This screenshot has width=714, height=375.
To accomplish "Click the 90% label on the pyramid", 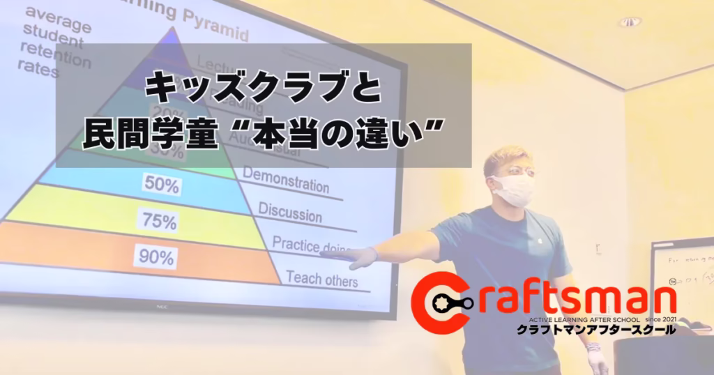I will (156, 258).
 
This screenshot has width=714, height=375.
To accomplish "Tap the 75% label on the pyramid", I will (158, 222).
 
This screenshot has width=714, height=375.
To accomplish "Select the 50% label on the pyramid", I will (161, 185).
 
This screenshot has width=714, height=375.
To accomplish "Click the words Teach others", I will (321, 279).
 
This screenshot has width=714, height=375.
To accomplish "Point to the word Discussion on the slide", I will (289, 212).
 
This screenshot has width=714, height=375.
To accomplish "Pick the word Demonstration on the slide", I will (286, 179).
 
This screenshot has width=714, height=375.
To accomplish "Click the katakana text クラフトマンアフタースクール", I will (595, 330).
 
